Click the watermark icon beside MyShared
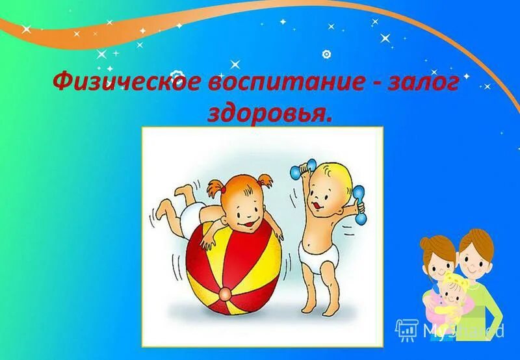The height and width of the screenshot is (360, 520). click(406, 331)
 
